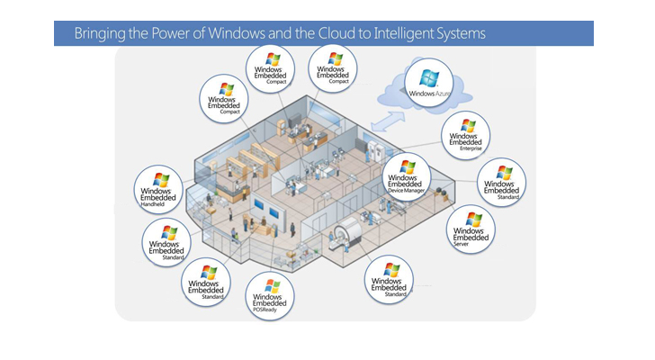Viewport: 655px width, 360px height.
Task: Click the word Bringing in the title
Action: (x=101, y=33)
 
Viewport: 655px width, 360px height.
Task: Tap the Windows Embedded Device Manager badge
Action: (x=408, y=176)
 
